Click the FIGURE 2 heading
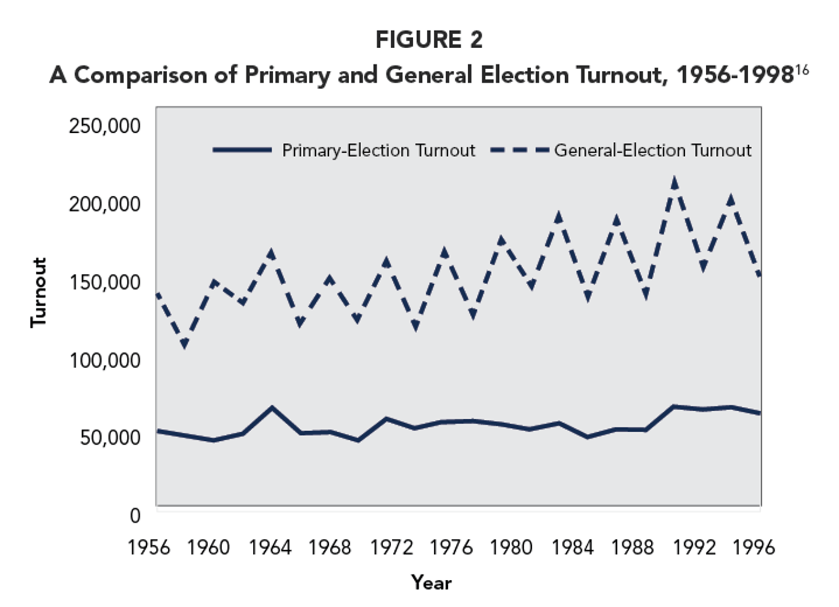pyautogui.click(x=429, y=40)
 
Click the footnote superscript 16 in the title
pyautogui.click(x=802, y=70)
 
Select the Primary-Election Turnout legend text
pyautogui.click(x=378, y=150)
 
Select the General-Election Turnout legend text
pyautogui.click(x=652, y=150)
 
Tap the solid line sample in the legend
pyautogui.click(x=242, y=150)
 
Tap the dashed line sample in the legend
pyautogui.click(x=519, y=150)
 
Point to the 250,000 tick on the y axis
pyautogui.click(x=105, y=125)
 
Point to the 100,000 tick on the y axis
pyautogui.click(x=105, y=360)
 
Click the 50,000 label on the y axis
pyautogui.click(x=110, y=437)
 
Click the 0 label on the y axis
pyautogui.click(x=135, y=515)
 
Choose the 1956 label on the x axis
pyautogui.click(x=149, y=547)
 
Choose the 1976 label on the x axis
pyautogui.click(x=451, y=547)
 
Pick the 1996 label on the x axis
pyautogui.click(x=753, y=547)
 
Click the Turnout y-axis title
pyautogui.click(x=38, y=292)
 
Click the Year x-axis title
pyautogui.click(x=431, y=583)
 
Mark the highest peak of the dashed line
pyautogui.click(x=675, y=182)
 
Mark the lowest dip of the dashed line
pyautogui.click(x=184, y=344)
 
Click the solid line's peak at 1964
pyautogui.click(x=272, y=407)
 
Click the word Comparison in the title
pyautogui.click(x=141, y=75)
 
